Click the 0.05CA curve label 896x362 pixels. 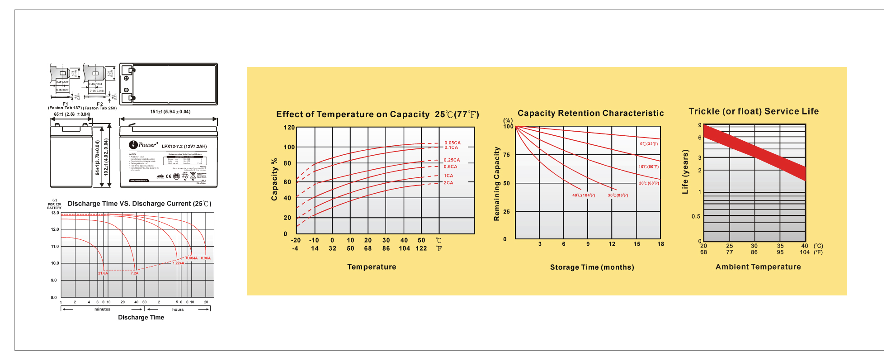click(x=452, y=143)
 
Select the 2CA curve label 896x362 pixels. click(x=448, y=183)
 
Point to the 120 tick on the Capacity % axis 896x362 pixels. click(x=289, y=128)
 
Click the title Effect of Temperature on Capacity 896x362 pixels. click(x=353, y=114)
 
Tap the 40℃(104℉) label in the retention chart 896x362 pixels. click(x=584, y=195)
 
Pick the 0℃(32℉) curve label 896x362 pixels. click(x=649, y=144)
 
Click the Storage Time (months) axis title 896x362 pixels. click(x=592, y=267)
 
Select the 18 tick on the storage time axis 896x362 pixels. click(x=660, y=244)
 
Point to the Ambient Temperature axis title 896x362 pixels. click(x=758, y=267)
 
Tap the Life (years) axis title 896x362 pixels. click(x=685, y=172)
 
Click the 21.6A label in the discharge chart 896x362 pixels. click(x=103, y=273)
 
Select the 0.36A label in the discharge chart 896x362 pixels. click(x=206, y=258)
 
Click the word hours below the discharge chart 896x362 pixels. click(x=178, y=310)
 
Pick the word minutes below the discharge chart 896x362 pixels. click(x=102, y=310)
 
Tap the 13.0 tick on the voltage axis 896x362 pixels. click(x=55, y=213)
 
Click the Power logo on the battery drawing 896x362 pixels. click(x=143, y=145)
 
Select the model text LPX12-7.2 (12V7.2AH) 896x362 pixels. click(x=184, y=147)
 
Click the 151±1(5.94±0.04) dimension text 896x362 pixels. click(x=170, y=112)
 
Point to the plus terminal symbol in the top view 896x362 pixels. click(x=126, y=78)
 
